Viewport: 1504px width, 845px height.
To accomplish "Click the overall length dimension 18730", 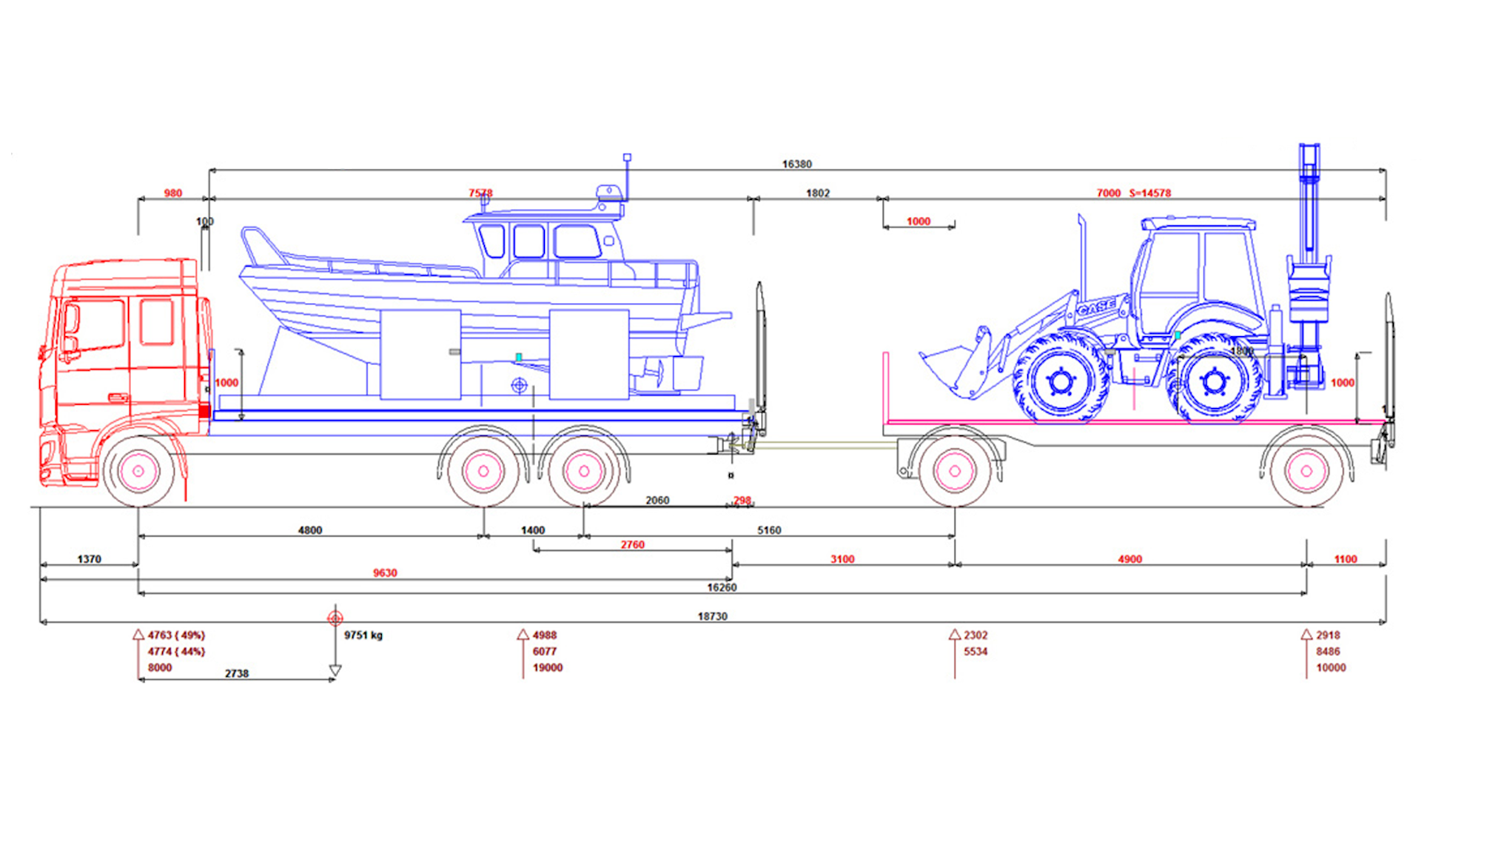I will (712, 616).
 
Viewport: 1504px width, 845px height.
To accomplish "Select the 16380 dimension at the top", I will (796, 164).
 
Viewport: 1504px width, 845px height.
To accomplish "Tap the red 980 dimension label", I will (172, 193).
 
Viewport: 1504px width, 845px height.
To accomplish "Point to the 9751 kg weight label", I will (363, 635).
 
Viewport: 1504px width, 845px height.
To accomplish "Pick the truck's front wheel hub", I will (138, 471).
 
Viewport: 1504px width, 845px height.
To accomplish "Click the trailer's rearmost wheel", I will (1306, 471).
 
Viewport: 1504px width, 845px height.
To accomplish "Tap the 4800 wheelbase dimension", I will (309, 530).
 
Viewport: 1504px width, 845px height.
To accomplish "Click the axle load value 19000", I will (548, 668).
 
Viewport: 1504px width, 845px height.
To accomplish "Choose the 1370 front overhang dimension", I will (89, 559).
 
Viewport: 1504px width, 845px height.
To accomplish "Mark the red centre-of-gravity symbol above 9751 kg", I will (335, 618).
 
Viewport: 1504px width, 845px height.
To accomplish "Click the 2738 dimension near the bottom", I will (236, 674).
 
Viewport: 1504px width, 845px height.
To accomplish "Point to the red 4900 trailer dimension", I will (1129, 559).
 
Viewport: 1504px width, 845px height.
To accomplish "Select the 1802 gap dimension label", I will (817, 193).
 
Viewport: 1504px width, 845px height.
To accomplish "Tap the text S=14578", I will (1150, 193).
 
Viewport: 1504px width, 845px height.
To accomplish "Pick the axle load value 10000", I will (1330, 668).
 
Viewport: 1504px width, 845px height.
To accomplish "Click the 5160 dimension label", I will (769, 530).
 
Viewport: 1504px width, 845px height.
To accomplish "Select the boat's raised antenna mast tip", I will (627, 158).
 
